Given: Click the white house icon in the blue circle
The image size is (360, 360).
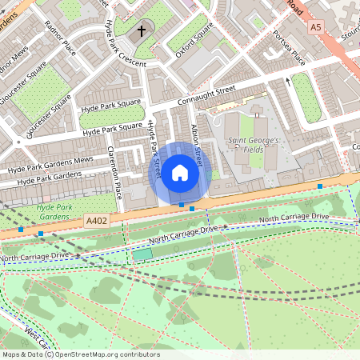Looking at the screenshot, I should click(x=180, y=173).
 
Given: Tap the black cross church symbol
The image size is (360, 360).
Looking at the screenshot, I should click(x=142, y=32).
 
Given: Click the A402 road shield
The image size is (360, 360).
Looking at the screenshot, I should click(x=96, y=220).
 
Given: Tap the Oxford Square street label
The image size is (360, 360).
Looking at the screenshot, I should click(x=194, y=40).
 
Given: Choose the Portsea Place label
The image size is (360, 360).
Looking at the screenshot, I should click(x=289, y=48).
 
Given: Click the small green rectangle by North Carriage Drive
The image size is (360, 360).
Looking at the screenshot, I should click(x=142, y=254).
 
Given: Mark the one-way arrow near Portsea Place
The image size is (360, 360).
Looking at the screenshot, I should click(x=288, y=81).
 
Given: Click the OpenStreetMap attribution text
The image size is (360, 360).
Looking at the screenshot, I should click(x=80, y=354).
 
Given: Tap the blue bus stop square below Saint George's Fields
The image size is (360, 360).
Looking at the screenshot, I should click(x=320, y=186).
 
